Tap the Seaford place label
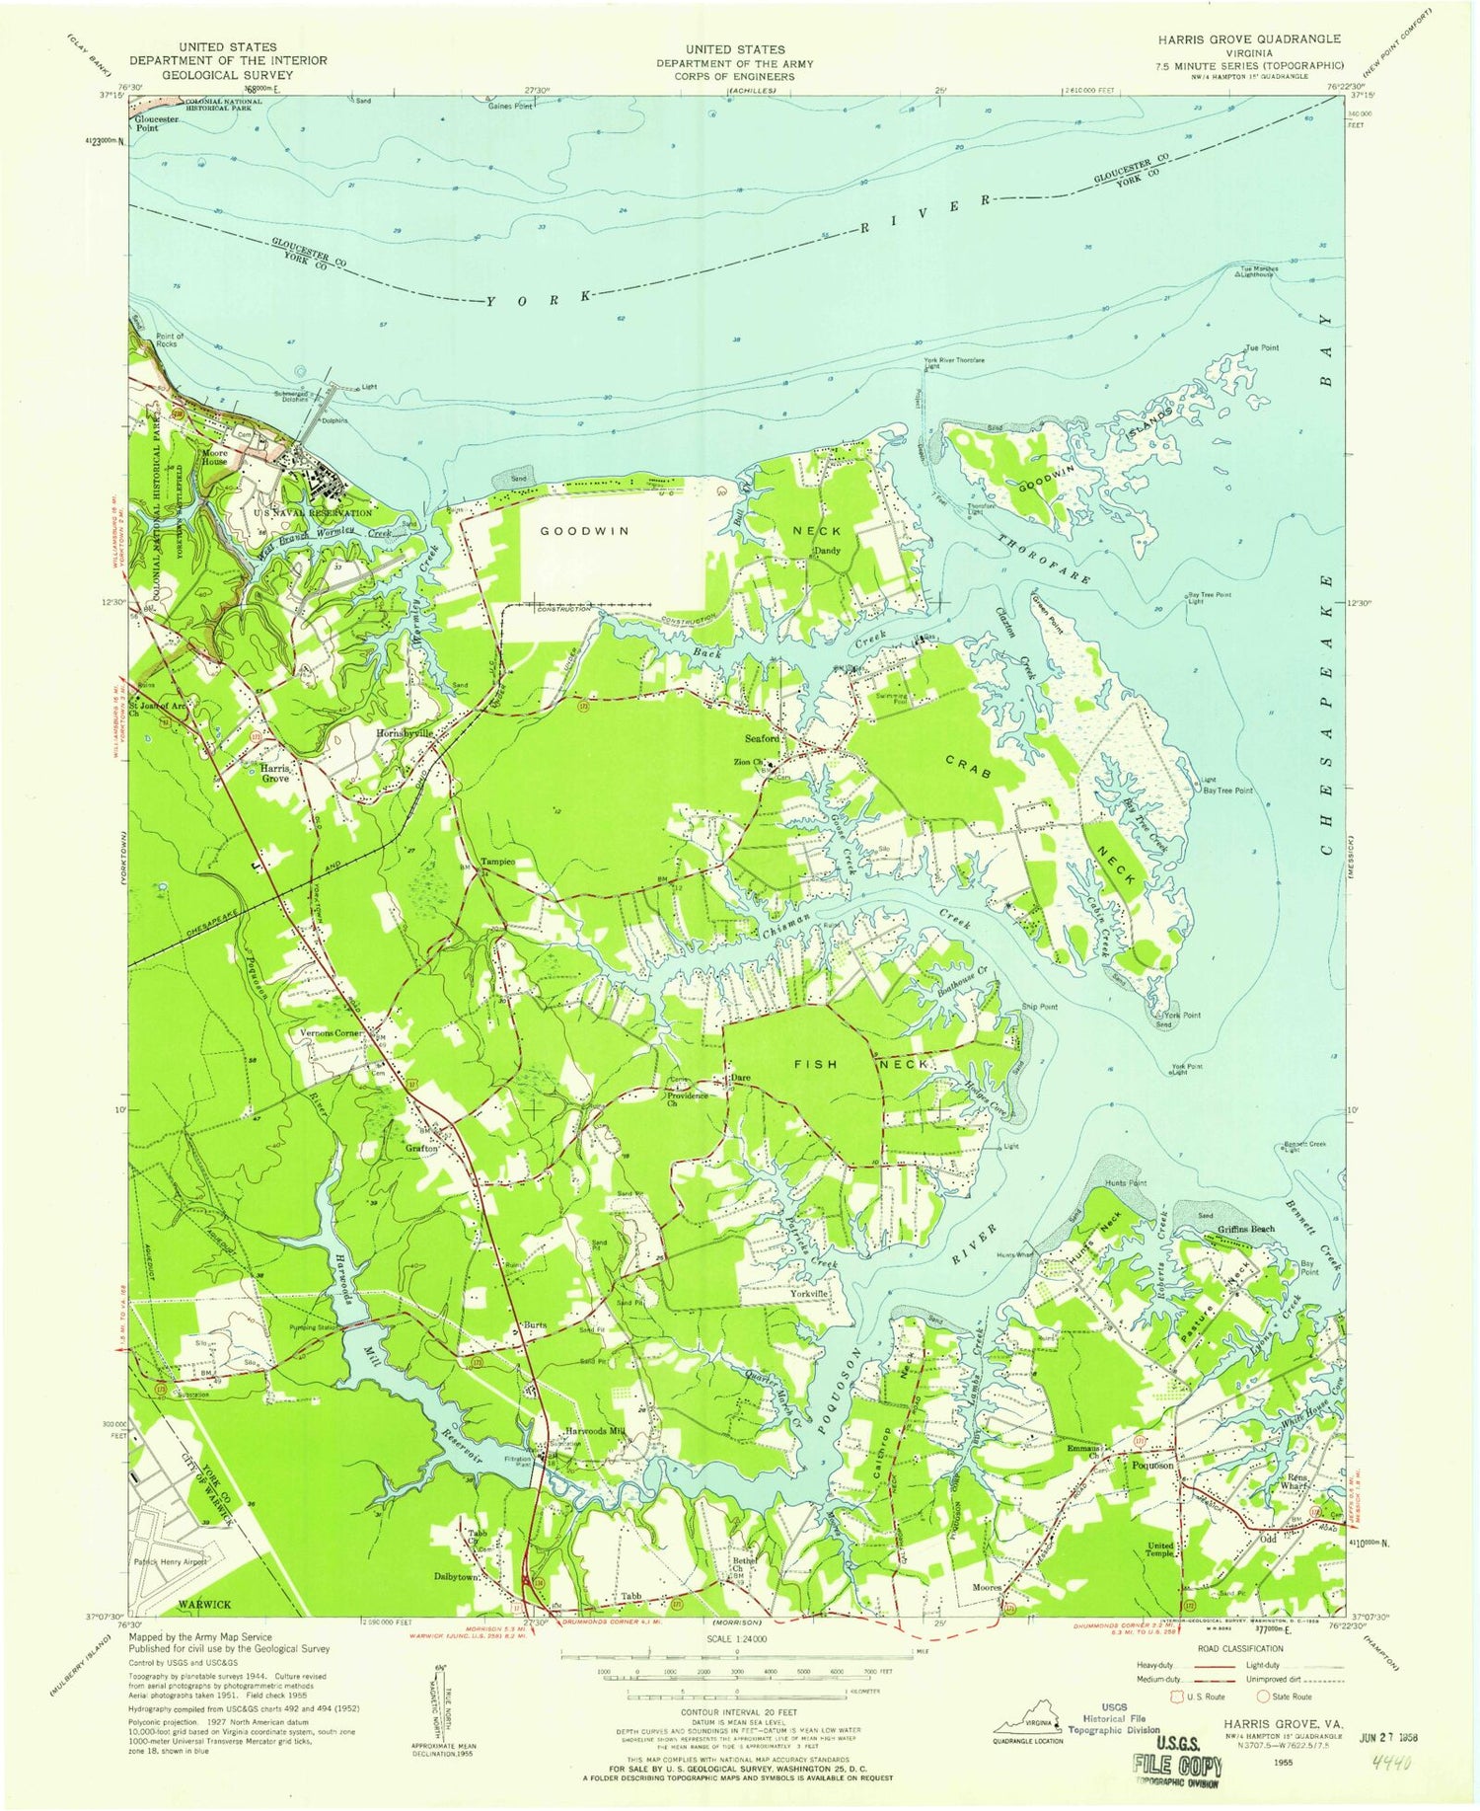click(762, 738)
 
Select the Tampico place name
click(497, 861)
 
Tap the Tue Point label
click(1261, 347)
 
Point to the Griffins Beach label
click(1245, 1229)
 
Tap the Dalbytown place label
click(456, 1577)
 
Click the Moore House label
click(215, 456)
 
